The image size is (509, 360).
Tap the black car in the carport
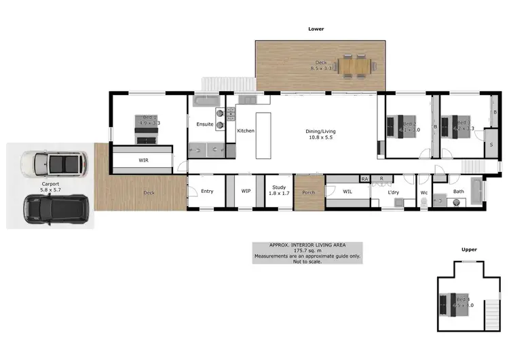click(x=56, y=210)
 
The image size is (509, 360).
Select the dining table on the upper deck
click(x=356, y=66)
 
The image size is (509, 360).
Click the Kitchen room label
click(x=245, y=130)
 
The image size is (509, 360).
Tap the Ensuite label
click(x=205, y=124)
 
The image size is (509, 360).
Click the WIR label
click(x=143, y=160)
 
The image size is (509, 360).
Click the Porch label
click(x=308, y=192)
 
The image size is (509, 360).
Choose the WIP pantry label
click(x=246, y=191)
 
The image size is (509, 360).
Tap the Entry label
click(x=207, y=191)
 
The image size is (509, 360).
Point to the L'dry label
click(x=394, y=192)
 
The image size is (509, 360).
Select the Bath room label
click(x=459, y=192)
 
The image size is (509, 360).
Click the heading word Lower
click(x=316, y=29)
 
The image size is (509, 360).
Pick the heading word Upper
click(x=469, y=249)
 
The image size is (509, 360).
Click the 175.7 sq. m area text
click(x=306, y=251)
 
